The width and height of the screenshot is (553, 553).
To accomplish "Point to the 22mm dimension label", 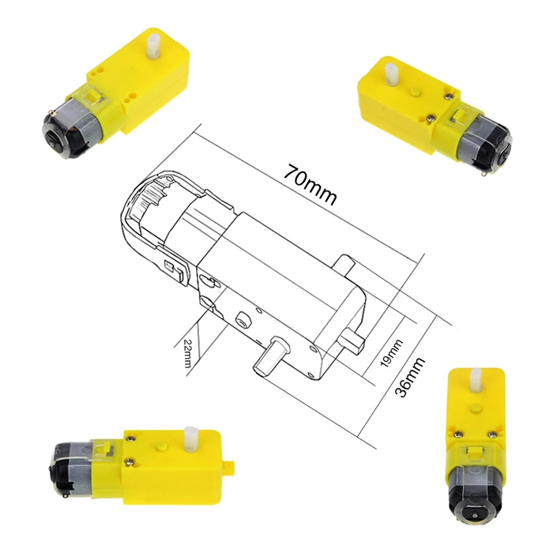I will pos(187,352).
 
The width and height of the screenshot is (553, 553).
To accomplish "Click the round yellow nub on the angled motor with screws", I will pos(414,95).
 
